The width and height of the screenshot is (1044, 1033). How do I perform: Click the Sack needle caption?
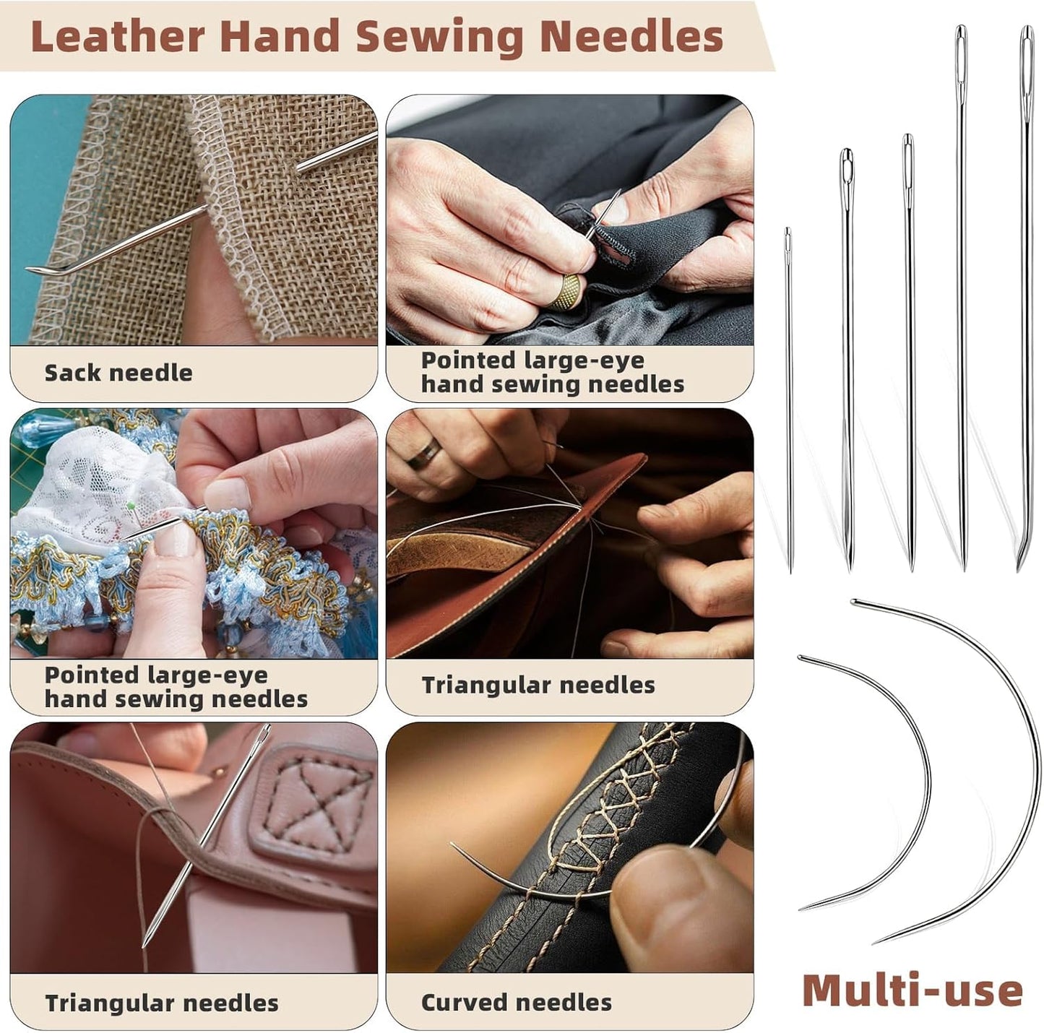[x=118, y=373]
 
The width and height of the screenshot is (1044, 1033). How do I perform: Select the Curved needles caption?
[x=516, y=1002]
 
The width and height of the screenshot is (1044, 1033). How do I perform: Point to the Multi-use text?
[x=912, y=990]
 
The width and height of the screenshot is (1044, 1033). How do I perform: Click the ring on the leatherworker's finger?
[x=423, y=453]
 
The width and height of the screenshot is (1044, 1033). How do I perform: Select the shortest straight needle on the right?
[x=789, y=397]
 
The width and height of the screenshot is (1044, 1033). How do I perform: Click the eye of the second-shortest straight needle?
[x=847, y=166]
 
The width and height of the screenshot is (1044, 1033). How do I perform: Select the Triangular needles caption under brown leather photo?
[x=538, y=685]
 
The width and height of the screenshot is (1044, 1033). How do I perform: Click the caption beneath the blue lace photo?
[x=176, y=687]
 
